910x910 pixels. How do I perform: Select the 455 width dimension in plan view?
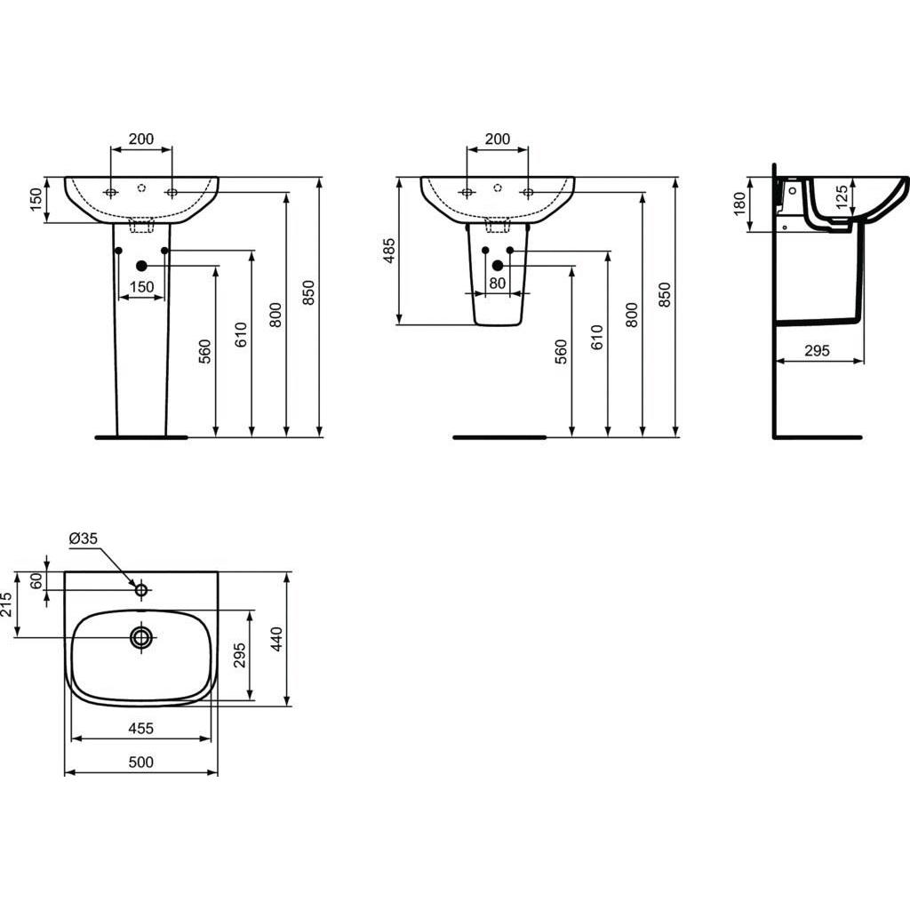[x=140, y=728]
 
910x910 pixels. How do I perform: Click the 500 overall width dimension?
[x=140, y=762]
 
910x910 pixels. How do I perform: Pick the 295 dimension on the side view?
[x=816, y=351]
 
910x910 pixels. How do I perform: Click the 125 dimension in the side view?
[x=841, y=197]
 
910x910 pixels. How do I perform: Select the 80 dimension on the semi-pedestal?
[x=497, y=284]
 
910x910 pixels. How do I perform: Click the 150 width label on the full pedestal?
[x=141, y=286]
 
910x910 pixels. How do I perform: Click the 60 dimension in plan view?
[x=36, y=580]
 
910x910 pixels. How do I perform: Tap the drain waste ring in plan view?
[x=140, y=637]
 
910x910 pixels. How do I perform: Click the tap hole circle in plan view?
[x=140, y=589]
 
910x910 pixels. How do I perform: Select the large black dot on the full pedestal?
[x=141, y=266]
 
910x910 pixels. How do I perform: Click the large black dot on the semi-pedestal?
[x=498, y=266]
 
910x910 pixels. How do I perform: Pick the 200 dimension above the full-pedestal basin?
[x=140, y=139]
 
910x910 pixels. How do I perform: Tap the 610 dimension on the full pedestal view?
[x=241, y=335]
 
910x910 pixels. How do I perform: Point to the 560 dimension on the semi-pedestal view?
[x=561, y=353]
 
